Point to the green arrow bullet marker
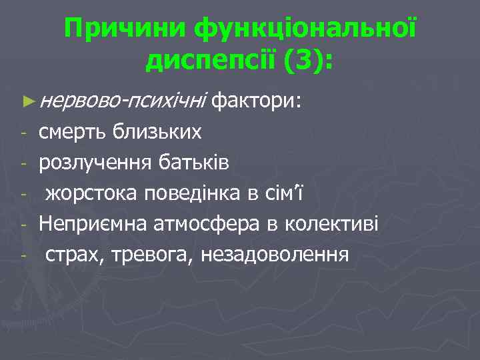point(27,101)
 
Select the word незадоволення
point(272,255)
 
